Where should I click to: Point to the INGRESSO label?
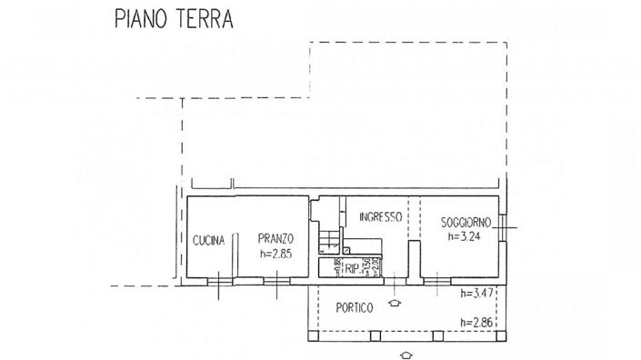(x=380, y=216)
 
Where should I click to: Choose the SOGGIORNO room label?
(x=466, y=223)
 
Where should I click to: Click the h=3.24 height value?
(x=466, y=236)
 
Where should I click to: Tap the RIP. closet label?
(x=352, y=268)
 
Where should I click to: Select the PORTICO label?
(x=352, y=308)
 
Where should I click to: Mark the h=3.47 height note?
(x=476, y=293)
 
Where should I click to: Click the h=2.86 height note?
(x=476, y=323)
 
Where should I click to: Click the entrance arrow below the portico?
(x=406, y=353)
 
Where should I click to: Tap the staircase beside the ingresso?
(x=329, y=238)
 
